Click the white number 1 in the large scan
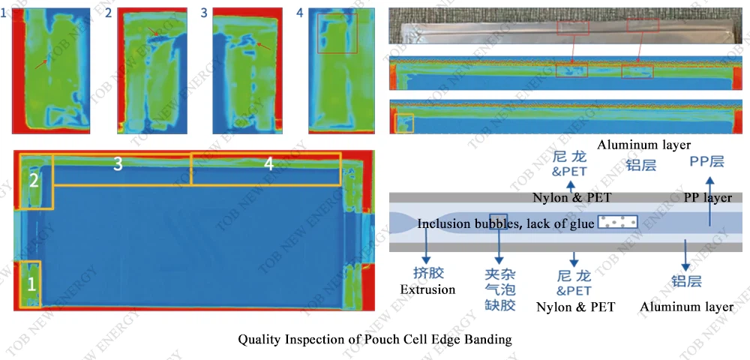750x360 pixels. [x=31, y=284]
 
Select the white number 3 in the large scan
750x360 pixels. [x=118, y=164]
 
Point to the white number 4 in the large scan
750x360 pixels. [x=268, y=164]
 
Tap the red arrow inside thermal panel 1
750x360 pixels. [x=41, y=63]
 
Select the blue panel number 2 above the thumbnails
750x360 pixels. [x=108, y=13]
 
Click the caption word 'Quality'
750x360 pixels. [x=256, y=340]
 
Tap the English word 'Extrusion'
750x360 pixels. [x=427, y=289]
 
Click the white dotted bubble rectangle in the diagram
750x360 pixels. [x=618, y=222]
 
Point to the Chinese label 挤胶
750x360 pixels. [x=428, y=273]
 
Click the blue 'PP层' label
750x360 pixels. [x=707, y=161]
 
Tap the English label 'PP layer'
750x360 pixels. [x=707, y=197]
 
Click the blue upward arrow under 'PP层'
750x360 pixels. [x=710, y=201]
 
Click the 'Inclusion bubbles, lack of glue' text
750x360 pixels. [x=506, y=223]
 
